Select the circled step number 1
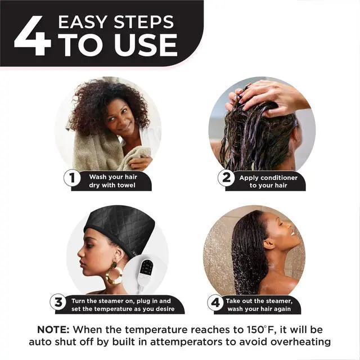71,179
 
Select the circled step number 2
225,179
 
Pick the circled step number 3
58,302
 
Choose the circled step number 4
214,302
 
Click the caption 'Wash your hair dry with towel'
112,181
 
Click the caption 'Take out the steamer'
262,304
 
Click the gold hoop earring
114,274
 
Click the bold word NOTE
53,330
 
